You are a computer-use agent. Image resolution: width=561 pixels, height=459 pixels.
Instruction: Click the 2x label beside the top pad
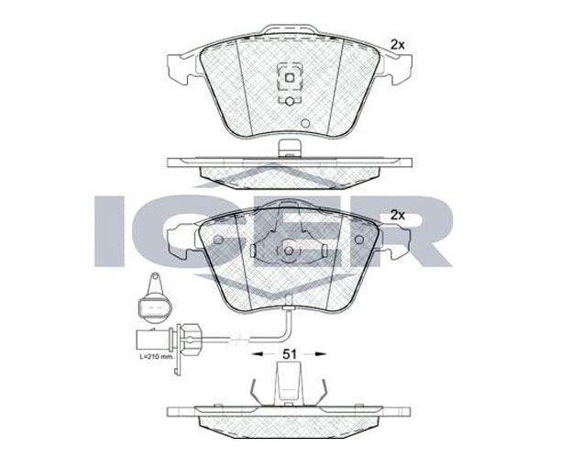397,45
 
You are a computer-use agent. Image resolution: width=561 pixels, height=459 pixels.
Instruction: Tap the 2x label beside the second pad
397,216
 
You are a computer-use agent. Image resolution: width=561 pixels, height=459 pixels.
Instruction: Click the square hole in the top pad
289,77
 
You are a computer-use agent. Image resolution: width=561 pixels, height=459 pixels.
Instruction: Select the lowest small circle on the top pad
305,123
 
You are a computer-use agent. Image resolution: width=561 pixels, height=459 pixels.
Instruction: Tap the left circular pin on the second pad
218,240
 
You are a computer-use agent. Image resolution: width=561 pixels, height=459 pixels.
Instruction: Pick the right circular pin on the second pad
358,240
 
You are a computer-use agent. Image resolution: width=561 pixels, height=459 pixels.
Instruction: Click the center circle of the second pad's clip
289,251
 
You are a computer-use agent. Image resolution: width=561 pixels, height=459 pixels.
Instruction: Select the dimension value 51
290,354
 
